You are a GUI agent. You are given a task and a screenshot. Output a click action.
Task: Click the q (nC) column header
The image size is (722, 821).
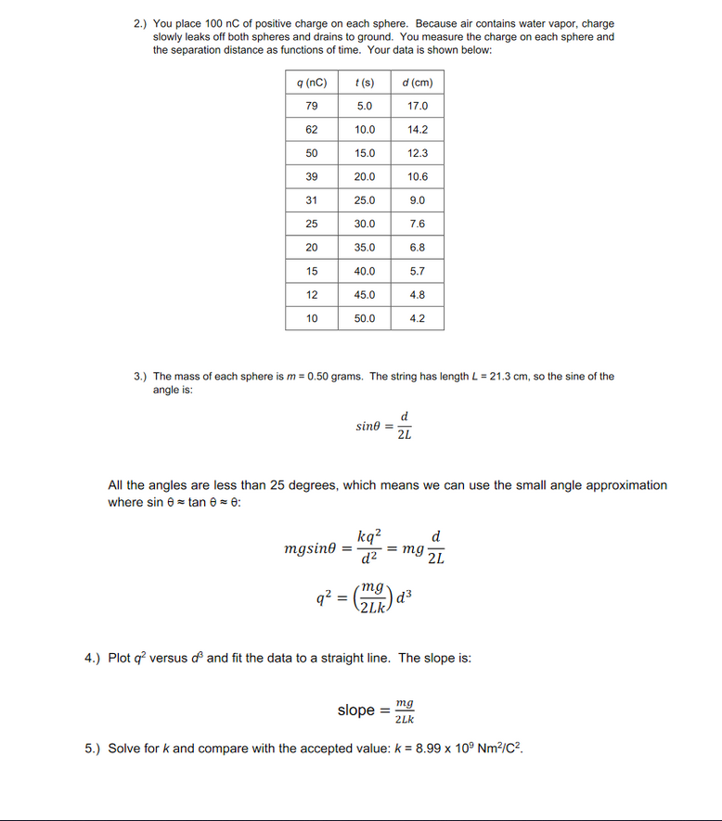(312, 83)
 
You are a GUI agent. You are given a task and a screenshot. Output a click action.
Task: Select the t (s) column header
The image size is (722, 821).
(365, 83)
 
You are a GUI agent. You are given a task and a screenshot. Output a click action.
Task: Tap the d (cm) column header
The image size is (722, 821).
(418, 83)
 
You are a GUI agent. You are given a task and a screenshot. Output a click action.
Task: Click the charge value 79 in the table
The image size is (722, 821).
(312, 107)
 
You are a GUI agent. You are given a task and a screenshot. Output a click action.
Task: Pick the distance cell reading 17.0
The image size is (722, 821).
(418, 107)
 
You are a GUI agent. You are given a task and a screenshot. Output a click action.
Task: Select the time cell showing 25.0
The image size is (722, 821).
(365, 200)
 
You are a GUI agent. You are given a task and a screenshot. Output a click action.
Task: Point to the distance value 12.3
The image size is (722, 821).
(418, 153)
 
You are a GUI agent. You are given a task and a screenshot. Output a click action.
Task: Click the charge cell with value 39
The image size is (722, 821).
(312, 177)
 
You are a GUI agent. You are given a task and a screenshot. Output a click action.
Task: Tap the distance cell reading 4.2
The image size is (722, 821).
(418, 318)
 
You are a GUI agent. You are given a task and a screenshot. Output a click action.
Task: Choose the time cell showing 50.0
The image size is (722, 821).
(365, 318)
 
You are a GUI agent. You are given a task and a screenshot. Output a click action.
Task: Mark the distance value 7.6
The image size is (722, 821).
(418, 224)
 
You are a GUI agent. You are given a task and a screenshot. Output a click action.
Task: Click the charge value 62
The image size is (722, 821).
(312, 130)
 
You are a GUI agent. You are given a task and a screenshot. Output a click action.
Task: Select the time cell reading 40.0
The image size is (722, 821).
(365, 271)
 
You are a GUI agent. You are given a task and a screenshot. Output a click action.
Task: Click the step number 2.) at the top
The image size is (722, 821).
(141, 23)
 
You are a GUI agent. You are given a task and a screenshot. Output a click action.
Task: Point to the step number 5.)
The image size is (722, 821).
(92, 748)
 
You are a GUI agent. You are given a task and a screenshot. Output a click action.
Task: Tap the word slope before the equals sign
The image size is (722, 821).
(355, 711)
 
